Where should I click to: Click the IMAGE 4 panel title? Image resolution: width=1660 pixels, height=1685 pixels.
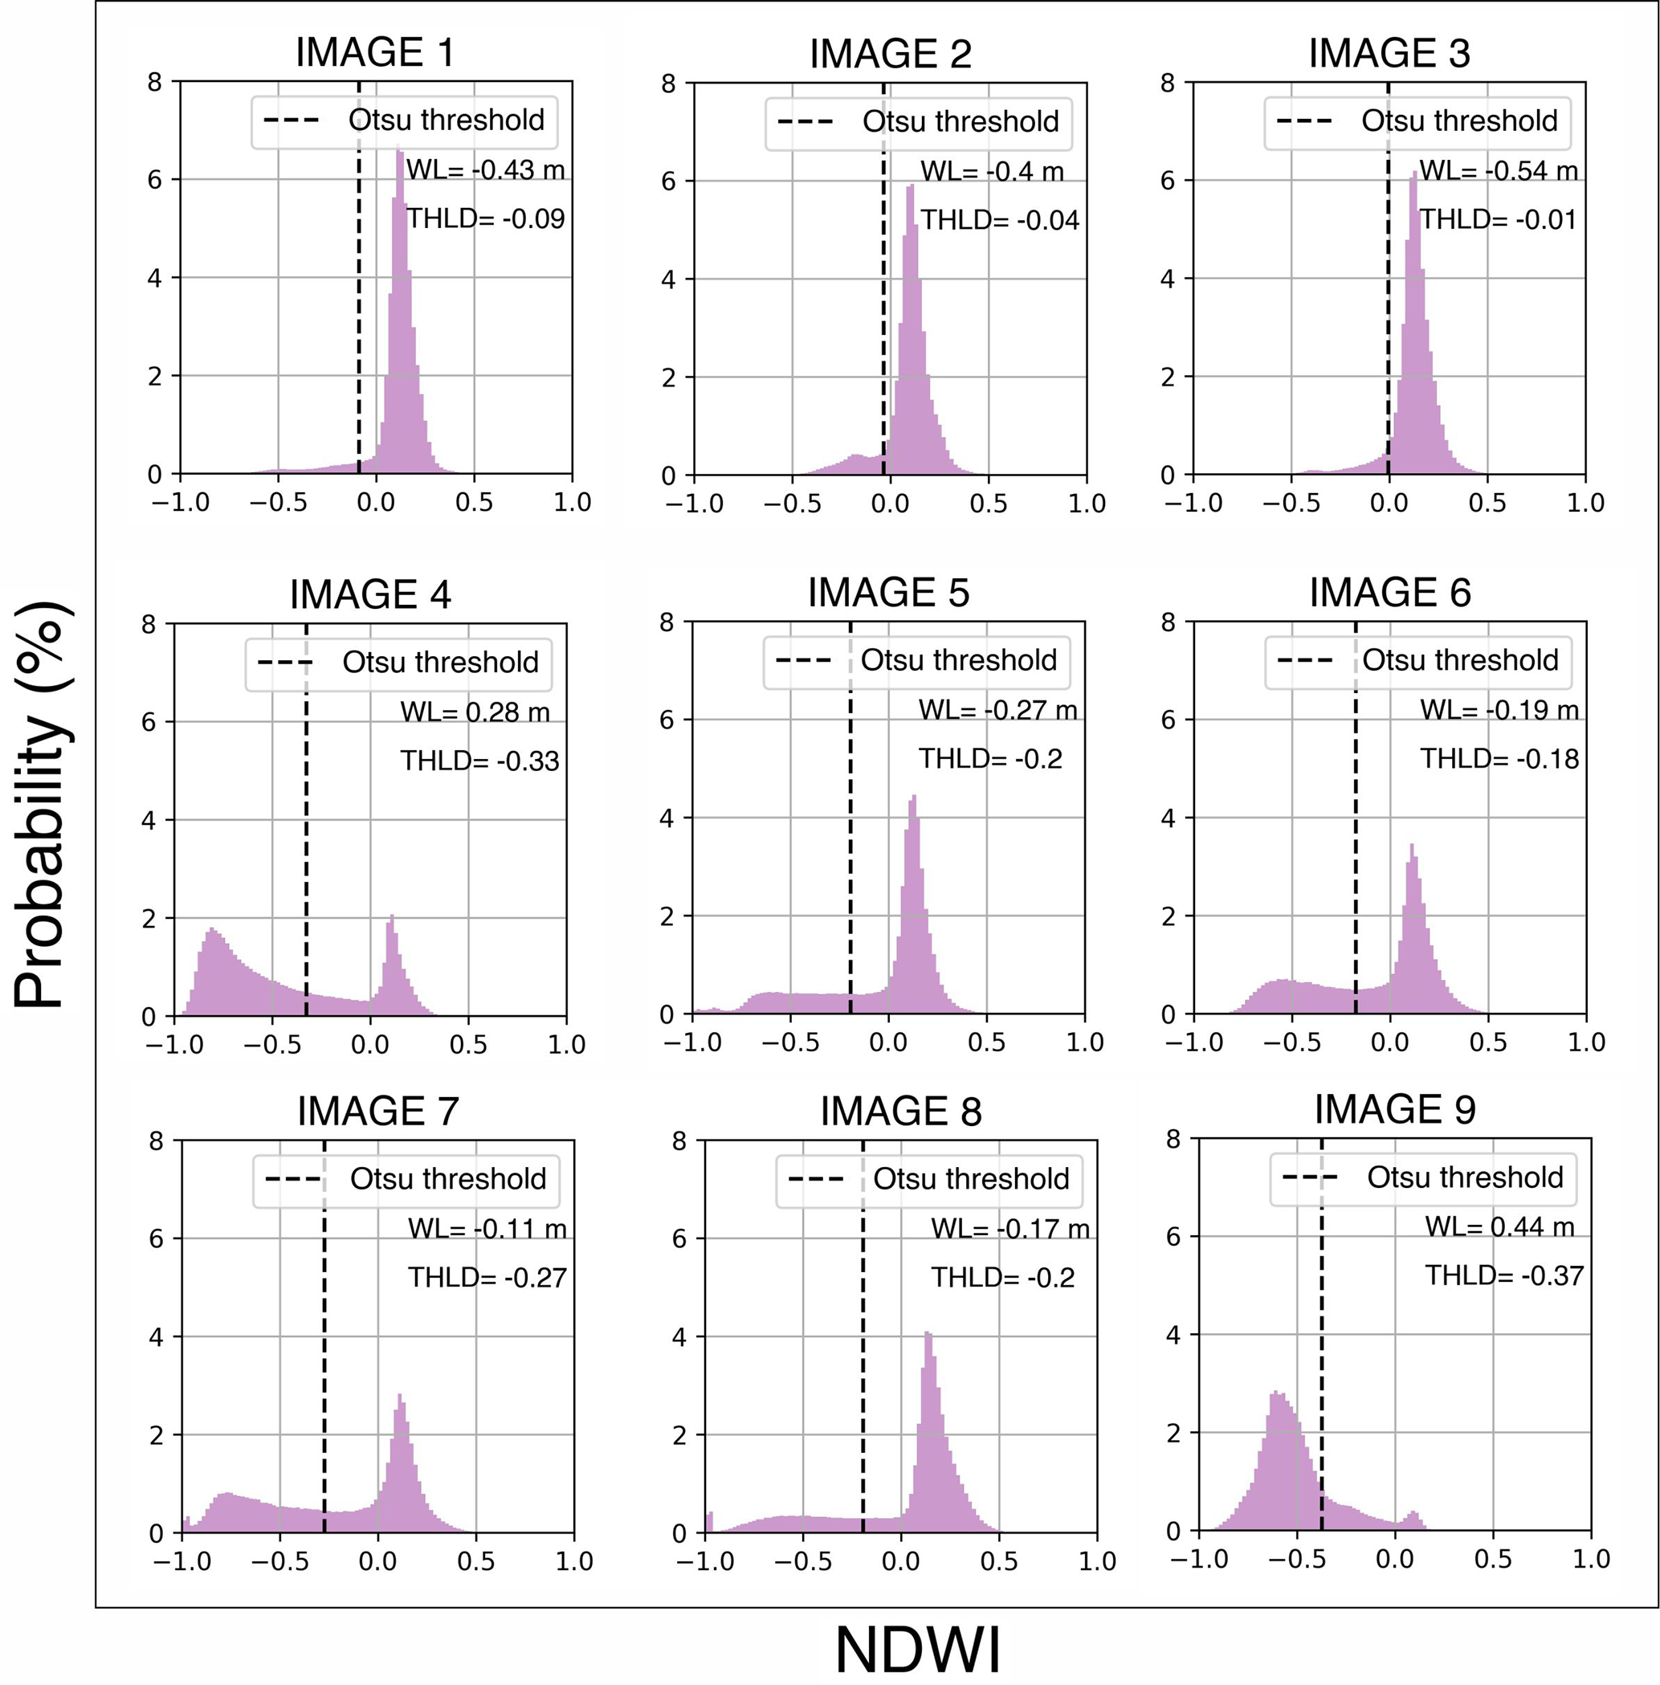(369, 594)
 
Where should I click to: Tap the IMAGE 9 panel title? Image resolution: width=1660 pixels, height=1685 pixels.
(1394, 1109)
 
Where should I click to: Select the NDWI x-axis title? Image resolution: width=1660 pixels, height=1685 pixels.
(917, 1650)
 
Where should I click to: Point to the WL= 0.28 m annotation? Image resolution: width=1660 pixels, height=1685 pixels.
(475, 712)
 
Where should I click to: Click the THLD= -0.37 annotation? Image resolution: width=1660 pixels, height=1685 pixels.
(1503, 1275)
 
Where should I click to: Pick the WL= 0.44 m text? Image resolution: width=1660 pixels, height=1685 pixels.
(1499, 1226)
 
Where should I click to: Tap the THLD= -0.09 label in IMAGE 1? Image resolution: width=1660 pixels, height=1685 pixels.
(486, 218)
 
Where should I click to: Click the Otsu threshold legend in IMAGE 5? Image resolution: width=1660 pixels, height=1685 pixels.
(916, 660)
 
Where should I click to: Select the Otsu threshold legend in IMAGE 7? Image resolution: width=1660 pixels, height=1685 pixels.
(406, 1178)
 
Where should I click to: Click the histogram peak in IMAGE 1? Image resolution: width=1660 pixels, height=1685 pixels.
(398, 149)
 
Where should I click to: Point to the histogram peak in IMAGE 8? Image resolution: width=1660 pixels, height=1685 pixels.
(927, 1333)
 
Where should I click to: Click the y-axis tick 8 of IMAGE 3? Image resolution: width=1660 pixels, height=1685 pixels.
(1168, 83)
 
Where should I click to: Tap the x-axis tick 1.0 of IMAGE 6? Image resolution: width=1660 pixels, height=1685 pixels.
(1586, 1042)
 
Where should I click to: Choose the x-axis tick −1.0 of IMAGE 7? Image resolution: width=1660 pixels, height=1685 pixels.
(181, 1561)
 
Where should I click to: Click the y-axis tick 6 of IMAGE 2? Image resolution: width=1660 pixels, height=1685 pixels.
(668, 182)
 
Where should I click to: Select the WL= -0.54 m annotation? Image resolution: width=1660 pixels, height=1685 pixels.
(1498, 171)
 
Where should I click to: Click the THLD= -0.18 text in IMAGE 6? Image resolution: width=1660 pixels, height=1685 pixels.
(1499, 758)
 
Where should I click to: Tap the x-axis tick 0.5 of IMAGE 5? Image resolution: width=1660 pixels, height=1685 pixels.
(986, 1042)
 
